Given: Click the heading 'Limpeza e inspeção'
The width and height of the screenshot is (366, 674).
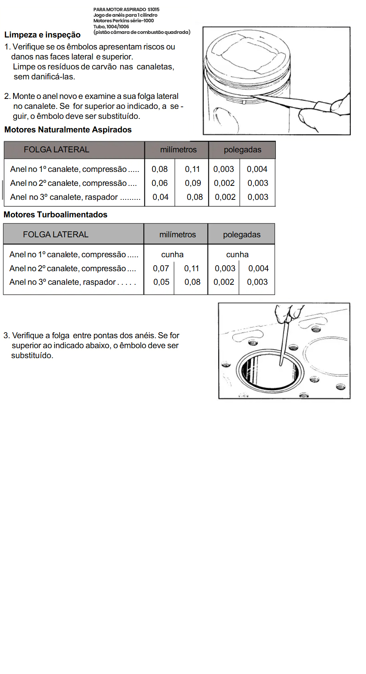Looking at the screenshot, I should click(42, 35).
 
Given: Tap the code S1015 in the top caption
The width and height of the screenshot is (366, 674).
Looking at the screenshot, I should click(153, 9).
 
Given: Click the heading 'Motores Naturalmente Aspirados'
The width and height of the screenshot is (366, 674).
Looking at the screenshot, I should click(68, 130).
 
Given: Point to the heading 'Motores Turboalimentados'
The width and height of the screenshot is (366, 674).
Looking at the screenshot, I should click(55, 215).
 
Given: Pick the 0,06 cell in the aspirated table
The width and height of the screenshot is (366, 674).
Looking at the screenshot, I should click(160, 183).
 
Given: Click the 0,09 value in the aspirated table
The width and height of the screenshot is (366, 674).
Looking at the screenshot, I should click(193, 183).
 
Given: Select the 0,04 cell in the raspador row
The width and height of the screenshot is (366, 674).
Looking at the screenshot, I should click(160, 197).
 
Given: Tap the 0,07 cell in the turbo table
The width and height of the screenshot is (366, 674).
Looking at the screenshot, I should click(161, 268).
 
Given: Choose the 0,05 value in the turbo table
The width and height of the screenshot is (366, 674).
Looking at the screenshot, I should click(161, 282).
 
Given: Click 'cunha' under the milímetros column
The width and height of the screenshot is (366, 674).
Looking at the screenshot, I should click(172, 254).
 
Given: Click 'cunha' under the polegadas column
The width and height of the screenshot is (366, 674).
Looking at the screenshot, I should click(237, 254).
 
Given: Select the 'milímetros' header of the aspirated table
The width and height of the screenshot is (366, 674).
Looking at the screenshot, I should click(178, 150).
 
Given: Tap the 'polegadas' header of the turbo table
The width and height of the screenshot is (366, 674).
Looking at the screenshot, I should click(242, 235).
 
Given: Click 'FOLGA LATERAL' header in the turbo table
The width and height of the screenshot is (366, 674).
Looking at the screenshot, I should click(55, 235).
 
